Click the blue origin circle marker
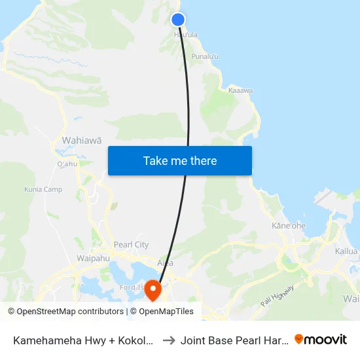click(178, 20)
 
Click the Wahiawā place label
click(82, 140)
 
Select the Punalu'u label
click(205, 57)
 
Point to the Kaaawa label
click(240, 90)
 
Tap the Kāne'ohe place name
click(289, 226)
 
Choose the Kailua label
click(347, 251)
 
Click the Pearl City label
click(131, 245)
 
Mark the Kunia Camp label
click(43, 190)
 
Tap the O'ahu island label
click(67, 164)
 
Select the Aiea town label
click(166, 262)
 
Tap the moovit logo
click(321, 339)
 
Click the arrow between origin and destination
click(168, 340)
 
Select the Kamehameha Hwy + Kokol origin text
click(84, 340)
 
